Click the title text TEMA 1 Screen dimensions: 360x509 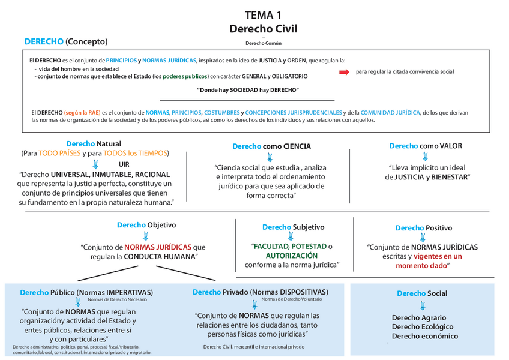(x=263, y=14)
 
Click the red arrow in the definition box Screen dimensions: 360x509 (x=344, y=72)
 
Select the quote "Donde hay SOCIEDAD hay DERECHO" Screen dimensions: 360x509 (x=248, y=89)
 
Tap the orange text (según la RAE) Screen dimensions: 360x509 (x=82, y=112)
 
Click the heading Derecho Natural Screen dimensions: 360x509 (x=94, y=143)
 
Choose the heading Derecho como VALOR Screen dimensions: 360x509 (x=426, y=146)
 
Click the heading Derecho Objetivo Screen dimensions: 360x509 (x=146, y=225)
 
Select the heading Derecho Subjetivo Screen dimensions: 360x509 (x=293, y=227)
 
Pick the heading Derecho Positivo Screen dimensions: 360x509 (x=423, y=228)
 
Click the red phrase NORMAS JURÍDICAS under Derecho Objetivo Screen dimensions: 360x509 (x=158, y=247)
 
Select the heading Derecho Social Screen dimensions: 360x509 (x=421, y=293)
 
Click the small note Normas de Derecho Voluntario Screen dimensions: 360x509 (x=291, y=299)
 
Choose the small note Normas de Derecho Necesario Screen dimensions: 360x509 (x=117, y=299)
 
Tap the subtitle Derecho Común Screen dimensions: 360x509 (x=263, y=43)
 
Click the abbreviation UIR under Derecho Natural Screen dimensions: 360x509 (x=124, y=164)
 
